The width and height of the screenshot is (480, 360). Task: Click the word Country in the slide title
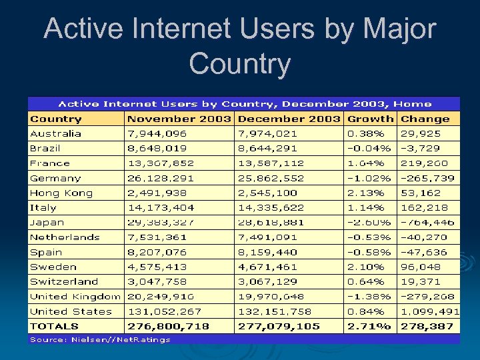pos(239,64)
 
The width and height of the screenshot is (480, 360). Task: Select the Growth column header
pos(371,119)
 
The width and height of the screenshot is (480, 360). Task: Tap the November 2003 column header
pos(179,119)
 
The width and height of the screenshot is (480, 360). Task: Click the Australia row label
pos(55,133)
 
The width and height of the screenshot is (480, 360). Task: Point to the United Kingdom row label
pos(75,296)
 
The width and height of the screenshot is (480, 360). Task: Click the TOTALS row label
pos(54,326)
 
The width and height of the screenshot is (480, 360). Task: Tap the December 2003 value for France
pos(271,163)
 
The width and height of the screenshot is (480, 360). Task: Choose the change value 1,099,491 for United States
pos(430,311)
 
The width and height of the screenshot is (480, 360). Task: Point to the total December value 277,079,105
pos(279,326)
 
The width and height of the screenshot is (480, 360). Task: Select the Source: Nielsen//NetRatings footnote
pos(100,339)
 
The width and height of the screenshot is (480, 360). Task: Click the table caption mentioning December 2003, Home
pos(244,104)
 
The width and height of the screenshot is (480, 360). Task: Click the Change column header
pos(425,119)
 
